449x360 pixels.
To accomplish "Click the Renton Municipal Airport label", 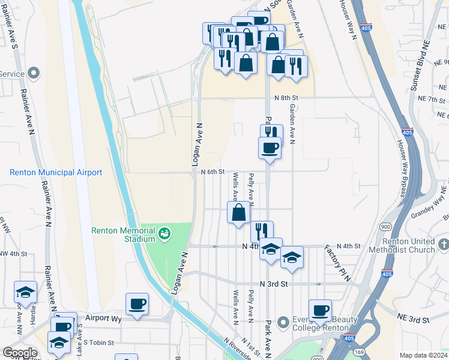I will [56, 173].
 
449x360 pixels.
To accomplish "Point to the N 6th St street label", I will [212, 172].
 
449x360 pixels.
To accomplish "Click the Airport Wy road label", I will [103, 319].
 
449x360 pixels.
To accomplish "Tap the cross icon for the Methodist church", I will [443, 244].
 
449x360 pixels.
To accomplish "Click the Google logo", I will [20, 353].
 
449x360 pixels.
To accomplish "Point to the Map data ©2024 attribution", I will [423, 355].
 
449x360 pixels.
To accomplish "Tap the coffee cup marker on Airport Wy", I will [137, 303].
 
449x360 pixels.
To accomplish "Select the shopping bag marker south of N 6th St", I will [239, 212].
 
